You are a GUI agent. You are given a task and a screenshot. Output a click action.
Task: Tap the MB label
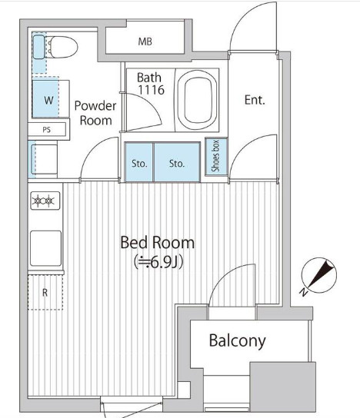pyautogui.click(x=145, y=41)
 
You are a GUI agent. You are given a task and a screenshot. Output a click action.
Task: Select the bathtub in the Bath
pyautogui.click(x=197, y=100)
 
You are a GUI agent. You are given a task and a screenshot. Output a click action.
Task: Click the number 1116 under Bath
pyautogui.click(x=151, y=90)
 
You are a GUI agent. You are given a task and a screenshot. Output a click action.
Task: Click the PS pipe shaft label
pyautogui.click(x=46, y=130)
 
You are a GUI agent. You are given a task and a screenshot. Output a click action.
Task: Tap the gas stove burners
pyautogui.click(x=45, y=201)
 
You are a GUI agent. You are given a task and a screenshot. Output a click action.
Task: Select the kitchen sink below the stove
pyautogui.click(x=45, y=248)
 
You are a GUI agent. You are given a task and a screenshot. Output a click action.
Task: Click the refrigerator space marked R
pyautogui.click(x=45, y=293)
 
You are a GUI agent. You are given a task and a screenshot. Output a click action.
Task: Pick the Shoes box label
pyautogui.click(x=215, y=156)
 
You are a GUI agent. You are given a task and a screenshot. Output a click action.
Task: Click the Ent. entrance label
pyautogui.click(x=255, y=100)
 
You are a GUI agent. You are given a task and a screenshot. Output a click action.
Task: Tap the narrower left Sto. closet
pyautogui.click(x=139, y=162)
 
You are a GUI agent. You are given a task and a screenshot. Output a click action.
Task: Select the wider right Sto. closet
pyautogui.click(x=177, y=162)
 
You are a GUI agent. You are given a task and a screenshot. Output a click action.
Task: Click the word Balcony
pyautogui.click(x=237, y=341)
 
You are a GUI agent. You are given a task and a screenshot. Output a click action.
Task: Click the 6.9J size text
pyautogui.click(x=158, y=263)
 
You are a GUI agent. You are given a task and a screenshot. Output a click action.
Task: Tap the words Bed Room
pyautogui.click(x=158, y=243)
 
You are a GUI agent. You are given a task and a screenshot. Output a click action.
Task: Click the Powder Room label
pyautogui.click(x=95, y=113)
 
